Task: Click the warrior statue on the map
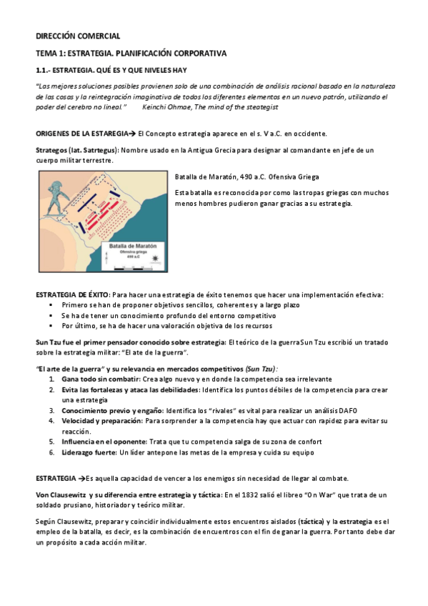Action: tap(55, 198)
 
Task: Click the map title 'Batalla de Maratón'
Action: tap(132, 246)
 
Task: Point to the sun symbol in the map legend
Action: tap(155, 258)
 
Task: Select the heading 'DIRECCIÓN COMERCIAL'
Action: tap(78, 36)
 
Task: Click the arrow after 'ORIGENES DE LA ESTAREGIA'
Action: tap(132, 134)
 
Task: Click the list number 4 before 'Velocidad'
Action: tap(51, 421)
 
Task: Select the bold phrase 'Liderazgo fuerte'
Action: tap(89, 452)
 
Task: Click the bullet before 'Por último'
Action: tap(51, 326)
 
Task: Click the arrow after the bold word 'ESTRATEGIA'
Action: tap(81, 479)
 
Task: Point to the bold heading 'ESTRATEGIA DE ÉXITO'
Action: tap(73, 295)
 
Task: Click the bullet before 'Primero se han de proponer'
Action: tap(51, 305)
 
